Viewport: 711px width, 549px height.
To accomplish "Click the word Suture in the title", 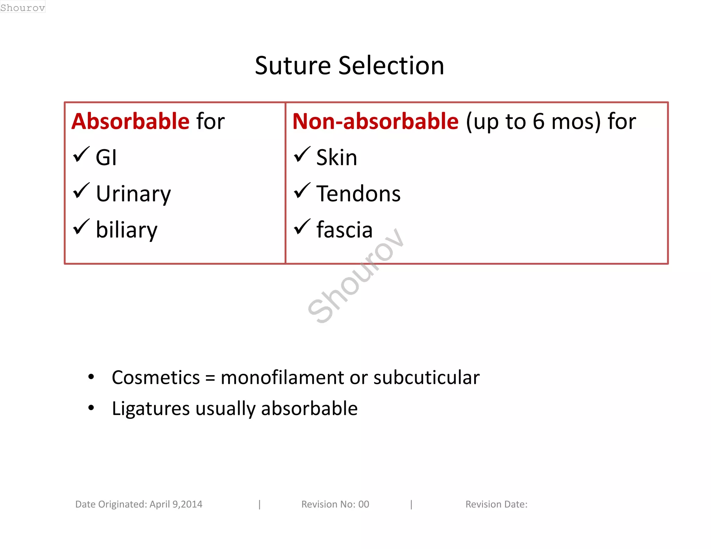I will (293, 66).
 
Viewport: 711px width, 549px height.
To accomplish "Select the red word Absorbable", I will (131, 121).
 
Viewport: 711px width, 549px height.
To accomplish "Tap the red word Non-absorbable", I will (375, 121).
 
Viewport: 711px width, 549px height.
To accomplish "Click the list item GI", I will (106, 158).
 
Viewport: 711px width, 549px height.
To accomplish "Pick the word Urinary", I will (133, 194).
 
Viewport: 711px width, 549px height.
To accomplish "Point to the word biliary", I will (126, 230).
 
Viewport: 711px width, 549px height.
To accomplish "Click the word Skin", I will (336, 158).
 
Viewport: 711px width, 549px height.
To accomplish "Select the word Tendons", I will (358, 194).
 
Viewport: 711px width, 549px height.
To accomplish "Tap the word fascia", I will (344, 230).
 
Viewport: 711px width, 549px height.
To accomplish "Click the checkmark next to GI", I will (81, 155).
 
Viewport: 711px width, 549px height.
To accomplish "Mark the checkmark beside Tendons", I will (302, 191).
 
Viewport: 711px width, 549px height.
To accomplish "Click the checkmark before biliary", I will (81, 227).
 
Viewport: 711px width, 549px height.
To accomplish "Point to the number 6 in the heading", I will (538, 121).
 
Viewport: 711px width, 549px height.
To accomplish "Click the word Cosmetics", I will (156, 378).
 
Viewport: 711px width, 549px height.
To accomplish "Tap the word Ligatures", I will (151, 408).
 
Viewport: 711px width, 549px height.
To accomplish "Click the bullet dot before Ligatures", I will (91, 408).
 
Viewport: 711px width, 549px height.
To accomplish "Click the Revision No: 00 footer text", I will (335, 504).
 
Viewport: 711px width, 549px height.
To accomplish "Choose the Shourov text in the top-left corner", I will (23, 7).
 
